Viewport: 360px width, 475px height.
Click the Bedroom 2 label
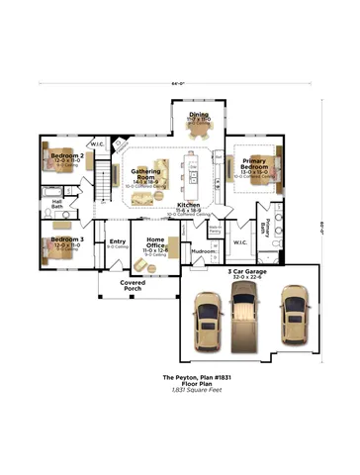point(67,156)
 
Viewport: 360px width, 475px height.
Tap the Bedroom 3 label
point(67,240)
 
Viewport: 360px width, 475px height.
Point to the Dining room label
point(200,115)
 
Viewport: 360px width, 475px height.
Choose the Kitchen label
point(189,205)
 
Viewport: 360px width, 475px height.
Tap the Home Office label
point(156,240)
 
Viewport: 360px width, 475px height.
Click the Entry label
point(118,241)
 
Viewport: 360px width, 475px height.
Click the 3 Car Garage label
point(248,271)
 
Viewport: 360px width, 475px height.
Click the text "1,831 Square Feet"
point(182,393)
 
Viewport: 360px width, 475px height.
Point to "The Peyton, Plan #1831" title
point(182,378)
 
